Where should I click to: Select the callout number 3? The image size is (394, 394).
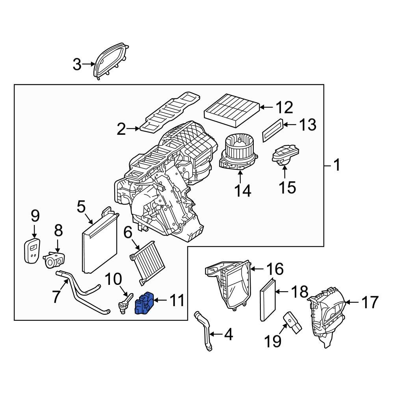point(77,64)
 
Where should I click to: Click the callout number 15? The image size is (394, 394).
point(288,187)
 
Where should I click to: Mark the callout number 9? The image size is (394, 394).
point(35,216)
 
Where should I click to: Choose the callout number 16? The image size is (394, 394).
point(275,269)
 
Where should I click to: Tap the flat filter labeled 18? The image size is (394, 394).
point(266,300)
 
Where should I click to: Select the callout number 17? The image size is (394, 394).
point(369,303)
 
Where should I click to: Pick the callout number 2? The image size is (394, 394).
point(121,129)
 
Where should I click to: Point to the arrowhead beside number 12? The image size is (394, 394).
point(262,107)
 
